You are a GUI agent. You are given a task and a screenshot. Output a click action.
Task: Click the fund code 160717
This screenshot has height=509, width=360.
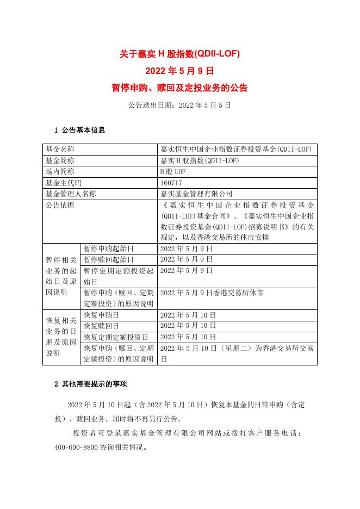coord(171,182)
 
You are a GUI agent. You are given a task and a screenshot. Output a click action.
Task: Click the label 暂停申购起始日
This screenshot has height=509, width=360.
coord(108,249)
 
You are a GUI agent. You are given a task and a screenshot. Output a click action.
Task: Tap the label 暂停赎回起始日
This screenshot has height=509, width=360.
coord(108,259)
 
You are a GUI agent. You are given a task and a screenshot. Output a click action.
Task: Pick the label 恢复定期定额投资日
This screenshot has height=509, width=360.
coord(116,337)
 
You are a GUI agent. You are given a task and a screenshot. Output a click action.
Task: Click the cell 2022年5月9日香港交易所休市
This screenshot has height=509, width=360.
coord(212,293)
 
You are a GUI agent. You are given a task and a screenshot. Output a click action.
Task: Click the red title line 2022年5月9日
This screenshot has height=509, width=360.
coord(179,71)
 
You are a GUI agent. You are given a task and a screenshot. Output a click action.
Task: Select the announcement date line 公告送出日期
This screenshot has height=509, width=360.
coord(179,104)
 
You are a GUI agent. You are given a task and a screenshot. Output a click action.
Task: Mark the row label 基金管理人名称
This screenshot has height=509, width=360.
coord(71,193)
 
